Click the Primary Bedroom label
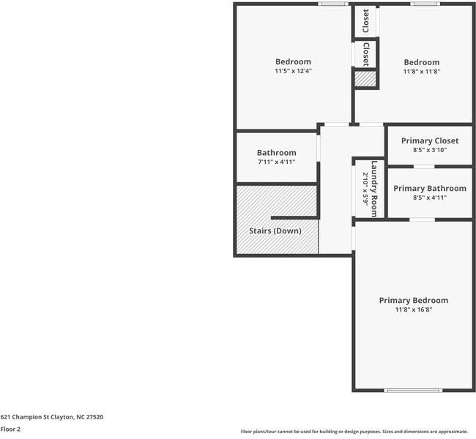(414, 301)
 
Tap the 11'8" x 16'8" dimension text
(414, 309)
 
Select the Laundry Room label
(374, 189)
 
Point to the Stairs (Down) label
(275, 231)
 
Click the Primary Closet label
(430, 140)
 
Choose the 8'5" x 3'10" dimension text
(430, 150)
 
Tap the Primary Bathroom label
(430, 188)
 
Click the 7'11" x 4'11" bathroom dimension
(276, 162)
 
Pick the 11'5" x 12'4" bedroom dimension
(293, 71)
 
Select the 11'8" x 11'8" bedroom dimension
(422, 72)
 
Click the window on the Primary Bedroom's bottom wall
(413, 391)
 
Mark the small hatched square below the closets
(365, 79)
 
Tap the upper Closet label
(366, 20)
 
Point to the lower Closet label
(366, 54)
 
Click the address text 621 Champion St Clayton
(37, 417)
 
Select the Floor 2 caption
(10, 429)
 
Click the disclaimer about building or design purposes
(354, 432)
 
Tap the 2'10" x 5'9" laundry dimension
(365, 190)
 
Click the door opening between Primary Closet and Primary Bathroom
(424, 167)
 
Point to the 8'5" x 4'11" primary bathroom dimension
(430, 198)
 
